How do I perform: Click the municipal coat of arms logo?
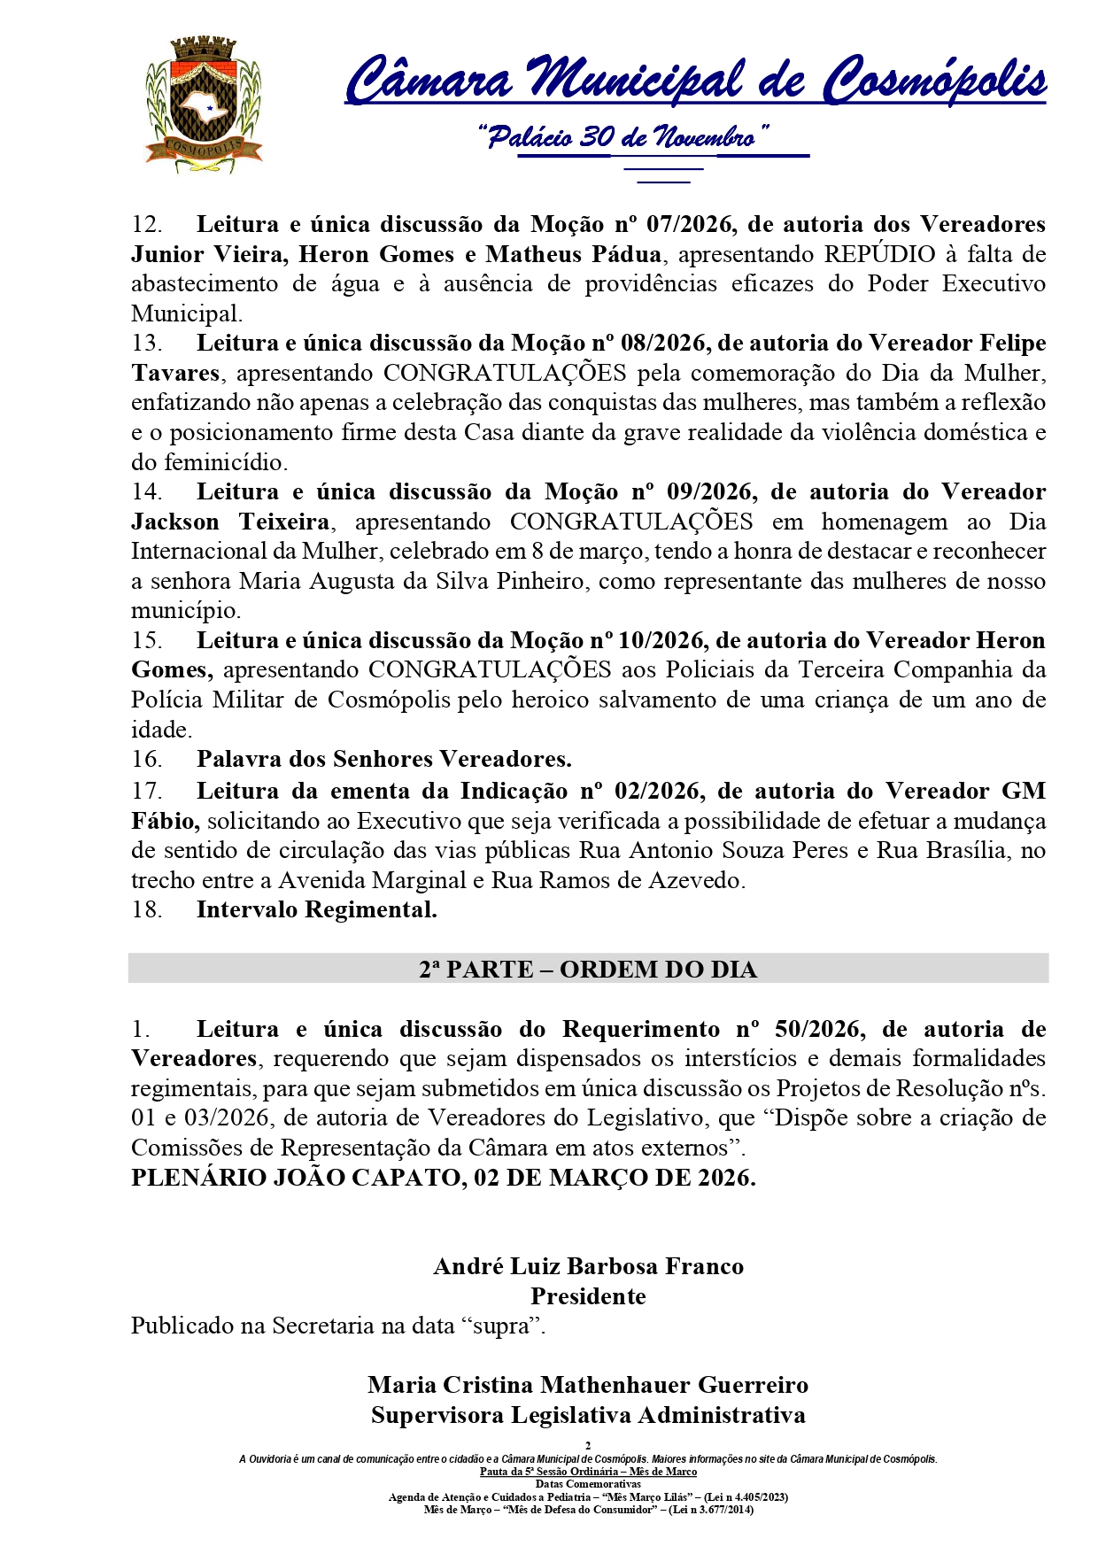203,104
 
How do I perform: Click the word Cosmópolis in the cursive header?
934,81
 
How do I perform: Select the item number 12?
147,225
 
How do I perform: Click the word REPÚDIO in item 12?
878,255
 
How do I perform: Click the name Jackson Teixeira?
230,522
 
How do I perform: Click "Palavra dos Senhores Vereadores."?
383,760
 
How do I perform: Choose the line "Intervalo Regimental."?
316,909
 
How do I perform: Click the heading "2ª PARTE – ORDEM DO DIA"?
588,970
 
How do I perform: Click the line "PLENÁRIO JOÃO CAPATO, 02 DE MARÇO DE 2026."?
444,1179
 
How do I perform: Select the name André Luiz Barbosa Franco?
588,1267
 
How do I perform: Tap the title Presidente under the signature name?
588,1297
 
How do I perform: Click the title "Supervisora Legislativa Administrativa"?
588,1416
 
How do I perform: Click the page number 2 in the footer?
588,1446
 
